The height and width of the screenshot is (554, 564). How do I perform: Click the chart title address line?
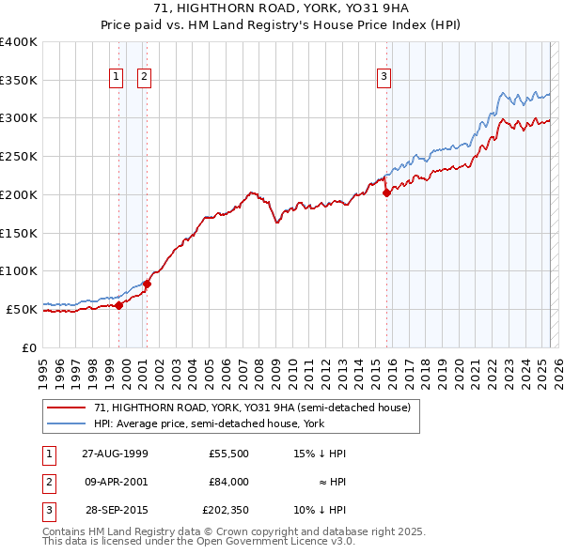click(x=281, y=8)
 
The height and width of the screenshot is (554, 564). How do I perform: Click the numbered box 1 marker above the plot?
click(x=117, y=78)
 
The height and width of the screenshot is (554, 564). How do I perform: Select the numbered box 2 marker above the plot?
click(x=145, y=78)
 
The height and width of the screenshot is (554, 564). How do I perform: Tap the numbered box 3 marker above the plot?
click(x=384, y=78)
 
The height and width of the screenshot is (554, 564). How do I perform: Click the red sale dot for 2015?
click(x=386, y=193)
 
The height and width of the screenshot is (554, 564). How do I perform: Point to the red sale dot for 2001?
click(x=147, y=284)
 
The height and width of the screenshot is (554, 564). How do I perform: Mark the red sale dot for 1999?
click(x=119, y=305)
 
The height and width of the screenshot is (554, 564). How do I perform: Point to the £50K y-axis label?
click(x=22, y=309)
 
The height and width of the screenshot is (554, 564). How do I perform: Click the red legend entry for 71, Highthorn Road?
click(x=252, y=408)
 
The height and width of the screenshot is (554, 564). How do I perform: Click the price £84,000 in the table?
click(x=227, y=481)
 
